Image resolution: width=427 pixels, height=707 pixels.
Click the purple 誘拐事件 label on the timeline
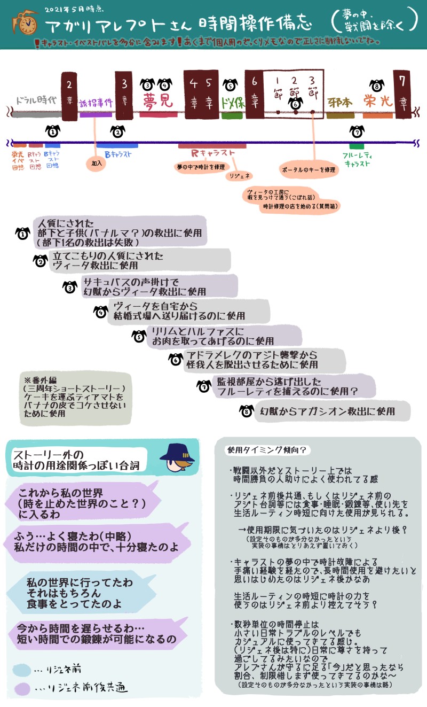click(x=96, y=103)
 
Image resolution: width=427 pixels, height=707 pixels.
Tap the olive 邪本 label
click(x=340, y=102)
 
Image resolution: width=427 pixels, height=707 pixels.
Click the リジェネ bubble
click(x=240, y=176)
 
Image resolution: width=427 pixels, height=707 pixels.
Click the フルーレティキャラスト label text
click(x=357, y=159)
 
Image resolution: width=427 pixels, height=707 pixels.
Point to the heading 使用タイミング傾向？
click(x=266, y=450)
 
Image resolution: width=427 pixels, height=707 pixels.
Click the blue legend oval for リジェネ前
click(x=22, y=669)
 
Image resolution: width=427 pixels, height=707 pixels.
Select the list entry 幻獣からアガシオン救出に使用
click(x=326, y=411)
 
